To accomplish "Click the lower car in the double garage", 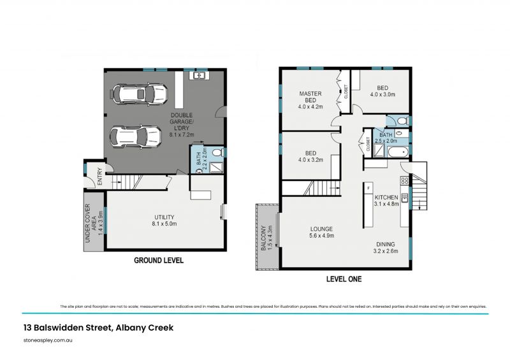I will coord(136,135).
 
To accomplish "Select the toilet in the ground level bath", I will coord(215,152).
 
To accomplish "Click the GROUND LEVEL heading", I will coord(158,260).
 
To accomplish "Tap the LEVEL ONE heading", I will coord(344,279).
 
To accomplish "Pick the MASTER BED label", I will coord(310,101).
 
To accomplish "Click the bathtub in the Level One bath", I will coord(398,152).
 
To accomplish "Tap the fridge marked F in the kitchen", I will coord(369,189).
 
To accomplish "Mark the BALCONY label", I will coord(266,238).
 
